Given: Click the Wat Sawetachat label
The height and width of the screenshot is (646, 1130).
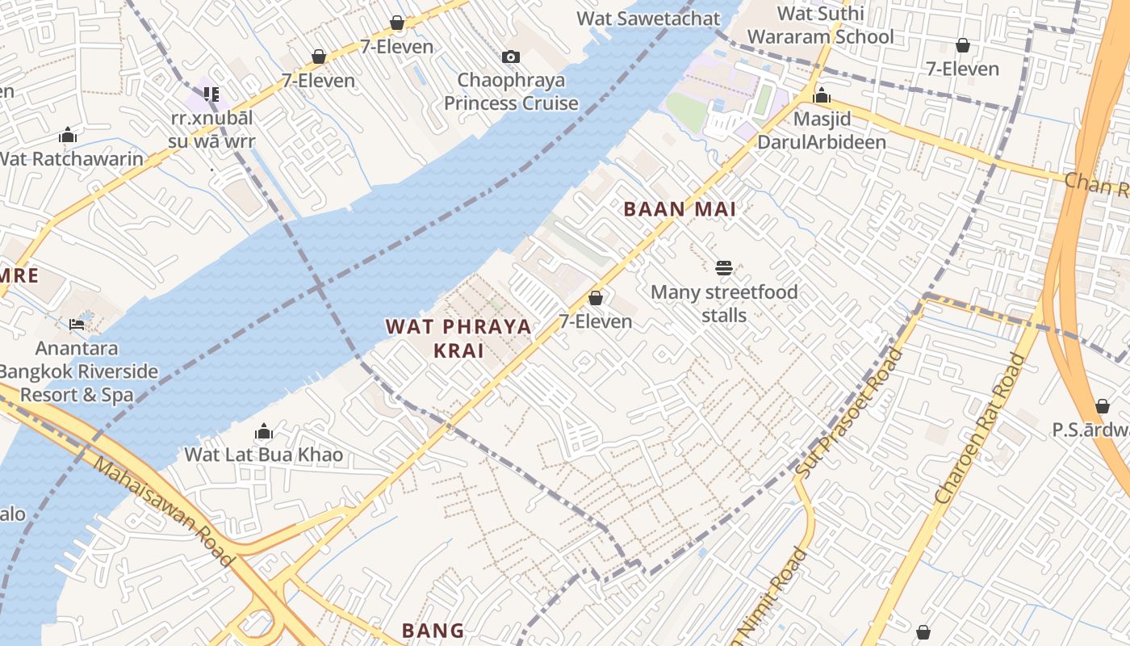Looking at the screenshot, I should point(648,18).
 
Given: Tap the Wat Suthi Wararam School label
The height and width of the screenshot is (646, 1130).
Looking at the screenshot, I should point(820,25).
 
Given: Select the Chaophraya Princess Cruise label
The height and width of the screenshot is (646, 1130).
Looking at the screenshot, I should point(511,91).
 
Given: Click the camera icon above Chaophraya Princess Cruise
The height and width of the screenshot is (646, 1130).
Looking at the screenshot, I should point(511,57).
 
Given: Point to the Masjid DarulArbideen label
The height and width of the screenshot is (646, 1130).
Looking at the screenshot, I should point(821,131).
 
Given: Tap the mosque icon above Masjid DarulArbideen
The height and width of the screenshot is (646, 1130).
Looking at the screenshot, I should point(822,96).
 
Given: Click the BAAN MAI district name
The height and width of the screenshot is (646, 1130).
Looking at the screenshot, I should point(680,209).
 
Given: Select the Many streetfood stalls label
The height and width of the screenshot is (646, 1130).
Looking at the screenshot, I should point(724,303).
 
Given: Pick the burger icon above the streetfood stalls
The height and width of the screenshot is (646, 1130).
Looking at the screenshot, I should point(724,267).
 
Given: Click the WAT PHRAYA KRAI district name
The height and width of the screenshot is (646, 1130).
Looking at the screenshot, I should point(458,338).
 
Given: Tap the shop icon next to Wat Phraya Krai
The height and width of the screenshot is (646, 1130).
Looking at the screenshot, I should point(596,298).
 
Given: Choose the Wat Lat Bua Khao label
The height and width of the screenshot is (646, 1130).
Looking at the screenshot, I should point(264,455).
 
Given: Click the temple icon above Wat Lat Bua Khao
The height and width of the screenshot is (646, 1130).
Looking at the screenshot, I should point(264,432).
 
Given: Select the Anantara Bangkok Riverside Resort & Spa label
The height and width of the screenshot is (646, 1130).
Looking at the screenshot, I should point(77,371).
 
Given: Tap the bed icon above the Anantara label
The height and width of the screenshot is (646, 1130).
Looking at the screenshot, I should point(77,325).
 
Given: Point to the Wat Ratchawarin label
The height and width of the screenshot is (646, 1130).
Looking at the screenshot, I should point(70,158).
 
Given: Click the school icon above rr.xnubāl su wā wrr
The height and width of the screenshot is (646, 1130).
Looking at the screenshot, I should point(211,94).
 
